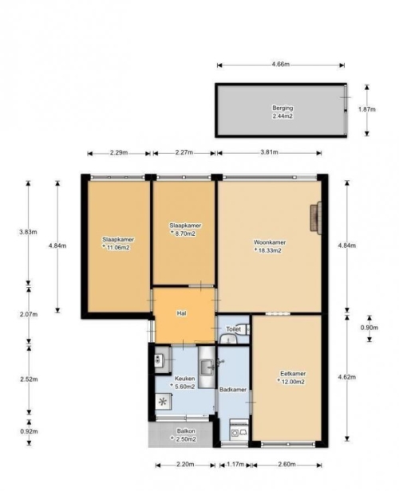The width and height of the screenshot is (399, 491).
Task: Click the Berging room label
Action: [282, 108]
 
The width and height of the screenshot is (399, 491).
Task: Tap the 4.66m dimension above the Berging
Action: [281, 65]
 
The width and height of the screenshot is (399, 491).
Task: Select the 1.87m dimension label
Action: [367, 109]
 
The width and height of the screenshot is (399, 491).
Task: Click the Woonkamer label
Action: [270, 242]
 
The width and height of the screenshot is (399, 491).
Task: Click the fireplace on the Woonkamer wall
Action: [316, 218]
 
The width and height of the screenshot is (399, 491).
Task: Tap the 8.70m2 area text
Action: [184, 234]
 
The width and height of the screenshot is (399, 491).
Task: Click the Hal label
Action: [181, 313]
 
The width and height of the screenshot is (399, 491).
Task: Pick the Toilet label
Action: [234, 329]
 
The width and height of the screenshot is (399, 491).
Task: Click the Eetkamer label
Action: [293, 374]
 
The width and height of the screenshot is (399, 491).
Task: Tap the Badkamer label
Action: [233, 390]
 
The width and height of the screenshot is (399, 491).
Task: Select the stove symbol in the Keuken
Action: [164, 402]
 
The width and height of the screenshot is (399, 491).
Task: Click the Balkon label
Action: [186, 431]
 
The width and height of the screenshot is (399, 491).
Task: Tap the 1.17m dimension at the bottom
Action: [235, 465]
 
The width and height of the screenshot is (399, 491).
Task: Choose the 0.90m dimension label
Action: [369, 328]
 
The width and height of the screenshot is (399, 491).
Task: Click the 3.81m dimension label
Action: [269, 152]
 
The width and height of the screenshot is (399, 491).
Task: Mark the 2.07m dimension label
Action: [29, 314]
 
